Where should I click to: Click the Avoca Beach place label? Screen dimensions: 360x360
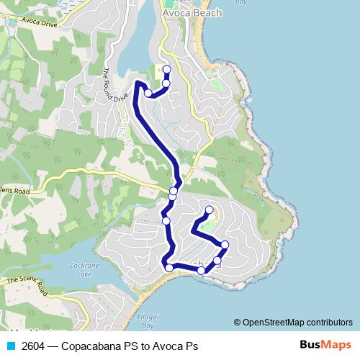tap(192, 13)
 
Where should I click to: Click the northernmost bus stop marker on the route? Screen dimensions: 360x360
tap(167, 69)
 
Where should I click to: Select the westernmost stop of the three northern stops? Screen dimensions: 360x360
tap(148, 93)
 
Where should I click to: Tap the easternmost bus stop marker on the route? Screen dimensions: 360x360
tap(225, 245)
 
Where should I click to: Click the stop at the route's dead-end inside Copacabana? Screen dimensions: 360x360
tap(210, 210)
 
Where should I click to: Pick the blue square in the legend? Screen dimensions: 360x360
tap(10, 346)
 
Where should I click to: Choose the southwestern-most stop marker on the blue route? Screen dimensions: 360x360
tap(170, 268)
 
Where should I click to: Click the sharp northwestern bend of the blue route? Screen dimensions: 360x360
tap(136, 84)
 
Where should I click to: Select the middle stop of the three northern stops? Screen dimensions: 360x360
tap(166, 84)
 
